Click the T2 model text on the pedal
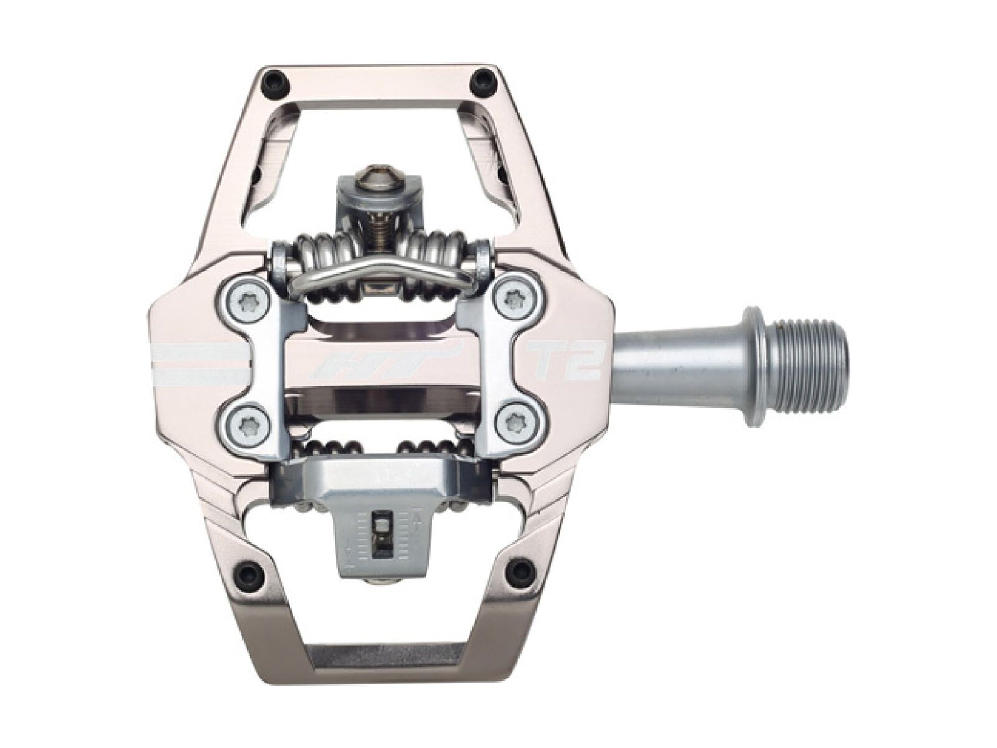(563, 362)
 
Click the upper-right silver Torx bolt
(515, 295)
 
